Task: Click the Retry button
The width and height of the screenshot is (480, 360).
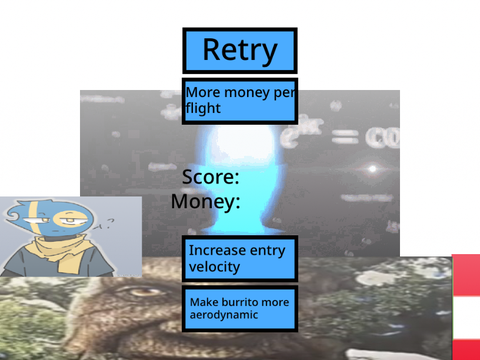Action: pyautogui.click(x=240, y=51)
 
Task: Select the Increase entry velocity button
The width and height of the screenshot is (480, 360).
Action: pyautogui.click(x=240, y=259)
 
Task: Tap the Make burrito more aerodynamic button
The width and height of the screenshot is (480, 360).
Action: pyautogui.click(x=240, y=308)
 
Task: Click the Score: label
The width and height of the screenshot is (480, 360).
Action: pyautogui.click(x=211, y=177)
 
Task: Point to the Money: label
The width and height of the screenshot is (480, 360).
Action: pyautogui.click(x=205, y=202)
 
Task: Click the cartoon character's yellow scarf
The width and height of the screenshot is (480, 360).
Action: pyautogui.click(x=63, y=252)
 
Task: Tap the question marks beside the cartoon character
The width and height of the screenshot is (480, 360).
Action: pyautogui.click(x=105, y=224)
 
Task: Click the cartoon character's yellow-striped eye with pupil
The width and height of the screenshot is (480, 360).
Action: pyautogui.click(x=69, y=220)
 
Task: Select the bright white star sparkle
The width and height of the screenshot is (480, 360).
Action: pyautogui.click(x=373, y=169)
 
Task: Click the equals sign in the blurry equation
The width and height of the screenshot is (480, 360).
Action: pyautogui.click(x=345, y=137)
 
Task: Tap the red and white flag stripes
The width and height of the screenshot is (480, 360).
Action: pyautogui.click(x=466, y=307)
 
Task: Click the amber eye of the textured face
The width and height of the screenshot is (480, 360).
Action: pyautogui.click(x=144, y=292)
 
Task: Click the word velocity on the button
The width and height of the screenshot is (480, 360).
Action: pyautogui.click(x=214, y=267)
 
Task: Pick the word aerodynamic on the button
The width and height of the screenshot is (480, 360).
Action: pyautogui.click(x=224, y=315)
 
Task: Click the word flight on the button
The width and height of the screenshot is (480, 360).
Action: pyautogui.click(x=203, y=108)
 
